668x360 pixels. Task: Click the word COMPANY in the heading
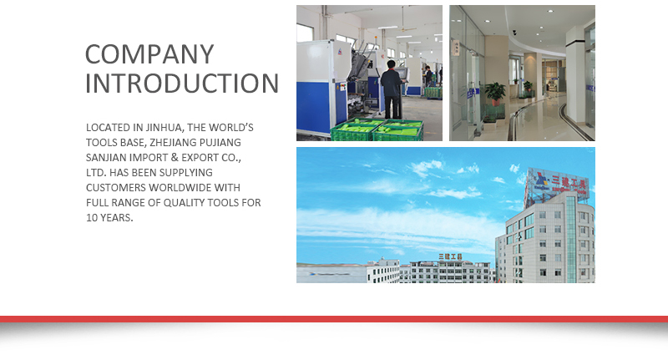point(149,54)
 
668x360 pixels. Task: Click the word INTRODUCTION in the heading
point(182,84)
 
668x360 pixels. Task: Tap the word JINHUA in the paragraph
point(163,128)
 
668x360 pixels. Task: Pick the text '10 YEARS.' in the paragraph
point(110,218)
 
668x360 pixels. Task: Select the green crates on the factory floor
point(376,130)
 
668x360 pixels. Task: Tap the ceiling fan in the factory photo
point(406,30)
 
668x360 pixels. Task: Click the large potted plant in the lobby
point(495,96)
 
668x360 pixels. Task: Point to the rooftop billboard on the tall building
point(555,183)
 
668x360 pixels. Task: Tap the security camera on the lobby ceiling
point(514,32)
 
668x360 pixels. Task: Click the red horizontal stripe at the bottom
point(334,318)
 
